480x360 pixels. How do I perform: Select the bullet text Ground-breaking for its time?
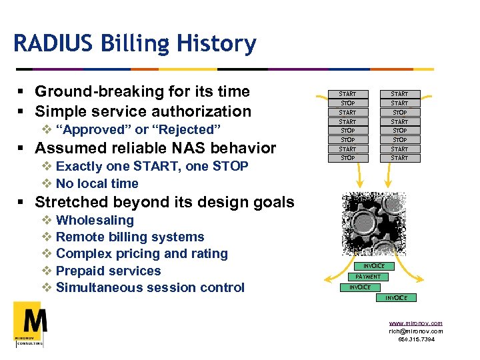click(x=142, y=91)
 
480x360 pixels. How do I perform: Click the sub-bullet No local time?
click(x=97, y=183)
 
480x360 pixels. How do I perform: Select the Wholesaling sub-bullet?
click(x=95, y=220)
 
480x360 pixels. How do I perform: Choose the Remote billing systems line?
click(x=130, y=237)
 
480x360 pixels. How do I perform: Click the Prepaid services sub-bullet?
click(x=109, y=271)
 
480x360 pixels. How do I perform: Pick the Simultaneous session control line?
click(x=150, y=287)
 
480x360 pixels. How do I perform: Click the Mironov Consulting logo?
click(x=30, y=324)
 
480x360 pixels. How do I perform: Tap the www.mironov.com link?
click(x=415, y=323)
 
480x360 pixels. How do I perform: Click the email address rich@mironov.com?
click(x=415, y=331)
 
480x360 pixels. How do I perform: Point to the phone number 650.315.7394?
click(x=416, y=339)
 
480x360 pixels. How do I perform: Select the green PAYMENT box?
click(x=368, y=277)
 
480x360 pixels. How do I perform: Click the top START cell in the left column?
click(x=347, y=94)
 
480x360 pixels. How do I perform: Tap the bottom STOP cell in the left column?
click(x=347, y=158)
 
